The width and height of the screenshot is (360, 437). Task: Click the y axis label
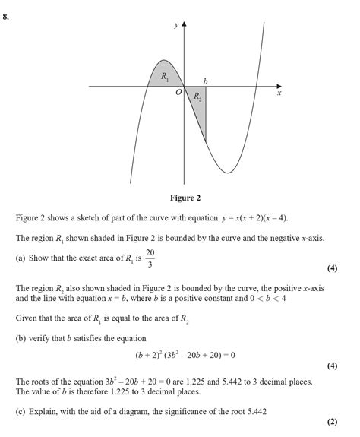click(x=175, y=25)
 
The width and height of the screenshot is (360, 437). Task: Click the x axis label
click(x=279, y=93)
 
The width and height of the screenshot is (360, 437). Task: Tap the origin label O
click(x=178, y=93)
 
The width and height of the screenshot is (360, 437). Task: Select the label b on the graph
click(x=205, y=81)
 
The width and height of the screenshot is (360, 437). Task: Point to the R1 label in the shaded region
click(x=165, y=76)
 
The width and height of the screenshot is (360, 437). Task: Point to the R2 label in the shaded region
click(x=197, y=97)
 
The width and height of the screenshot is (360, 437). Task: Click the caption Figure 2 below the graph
click(x=185, y=198)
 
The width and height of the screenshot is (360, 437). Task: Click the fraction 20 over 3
click(x=150, y=258)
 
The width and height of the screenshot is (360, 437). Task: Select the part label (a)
click(x=21, y=258)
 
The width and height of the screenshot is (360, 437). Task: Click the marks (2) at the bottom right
click(x=331, y=423)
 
